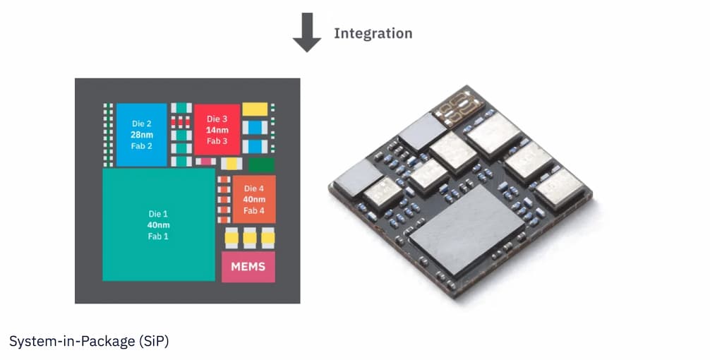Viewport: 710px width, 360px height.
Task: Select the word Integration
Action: pyautogui.click(x=373, y=33)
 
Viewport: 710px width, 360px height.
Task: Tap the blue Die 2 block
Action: pyautogui.click(x=141, y=134)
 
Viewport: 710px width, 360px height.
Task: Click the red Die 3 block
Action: pyautogui.click(x=217, y=129)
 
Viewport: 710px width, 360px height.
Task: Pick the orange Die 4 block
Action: pyautogui.click(x=254, y=199)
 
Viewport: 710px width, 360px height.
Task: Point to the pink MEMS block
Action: pyautogui.click(x=248, y=267)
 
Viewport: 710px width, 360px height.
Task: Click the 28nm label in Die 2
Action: pyautogui.click(x=141, y=134)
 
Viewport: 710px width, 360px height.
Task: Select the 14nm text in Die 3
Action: pyautogui.click(x=217, y=130)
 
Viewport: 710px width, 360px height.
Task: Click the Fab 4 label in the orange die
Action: pyautogui.click(x=254, y=210)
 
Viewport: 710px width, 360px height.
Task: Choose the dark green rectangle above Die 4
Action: pyautogui.click(x=262, y=165)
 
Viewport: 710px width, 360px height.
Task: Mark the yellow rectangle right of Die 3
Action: pyautogui.click(x=255, y=109)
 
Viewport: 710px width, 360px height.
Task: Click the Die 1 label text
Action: pyautogui.click(x=158, y=214)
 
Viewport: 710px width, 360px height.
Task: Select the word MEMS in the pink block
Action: pyautogui.click(x=248, y=267)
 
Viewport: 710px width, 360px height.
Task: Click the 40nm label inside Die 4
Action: pyautogui.click(x=254, y=199)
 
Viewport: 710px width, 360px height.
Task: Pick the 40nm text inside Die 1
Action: pyautogui.click(x=158, y=225)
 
